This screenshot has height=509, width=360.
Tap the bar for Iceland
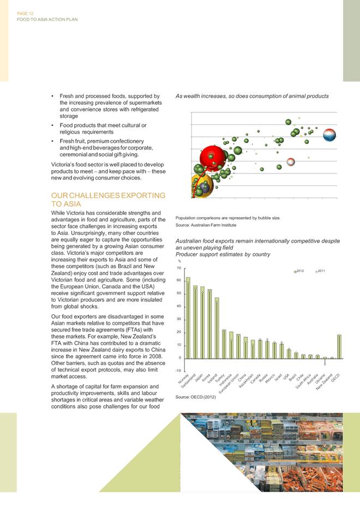pyautogui.click(x=217, y=328)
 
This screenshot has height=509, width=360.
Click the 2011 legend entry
pyautogui.click(x=320, y=271)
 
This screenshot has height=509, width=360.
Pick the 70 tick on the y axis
pyautogui.click(x=178, y=268)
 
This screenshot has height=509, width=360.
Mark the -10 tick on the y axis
pyautogui.click(x=178, y=370)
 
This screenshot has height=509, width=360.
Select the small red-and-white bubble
pyautogui.click(x=291, y=161)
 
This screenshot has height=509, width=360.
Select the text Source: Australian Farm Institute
pyautogui.click(x=206, y=225)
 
